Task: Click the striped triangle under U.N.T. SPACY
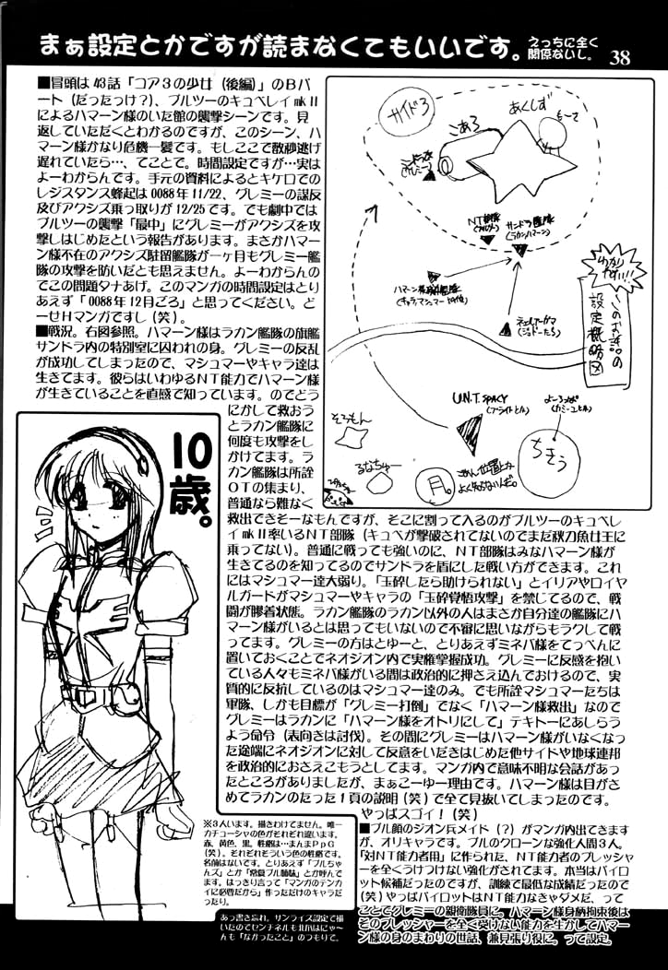[471, 430]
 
